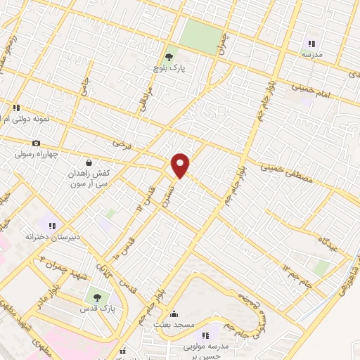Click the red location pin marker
click(181, 165)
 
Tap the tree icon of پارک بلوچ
click(168, 57)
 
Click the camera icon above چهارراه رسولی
click(37, 143)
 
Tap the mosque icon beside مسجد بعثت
click(174, 314)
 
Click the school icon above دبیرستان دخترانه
click(52, 226)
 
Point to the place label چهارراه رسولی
click(38, 154)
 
